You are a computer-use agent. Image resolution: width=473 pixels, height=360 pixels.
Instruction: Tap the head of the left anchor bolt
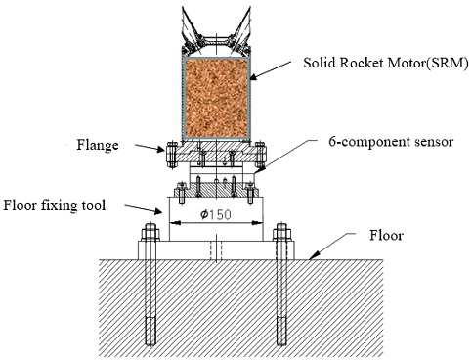(x=150, y=232)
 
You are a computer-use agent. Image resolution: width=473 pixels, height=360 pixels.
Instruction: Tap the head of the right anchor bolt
(x=283, y=232)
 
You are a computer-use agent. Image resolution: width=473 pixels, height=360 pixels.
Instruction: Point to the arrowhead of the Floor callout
(x=308, y=258)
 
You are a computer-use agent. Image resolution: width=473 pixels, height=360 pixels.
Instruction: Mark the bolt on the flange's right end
(x=262, y=157)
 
